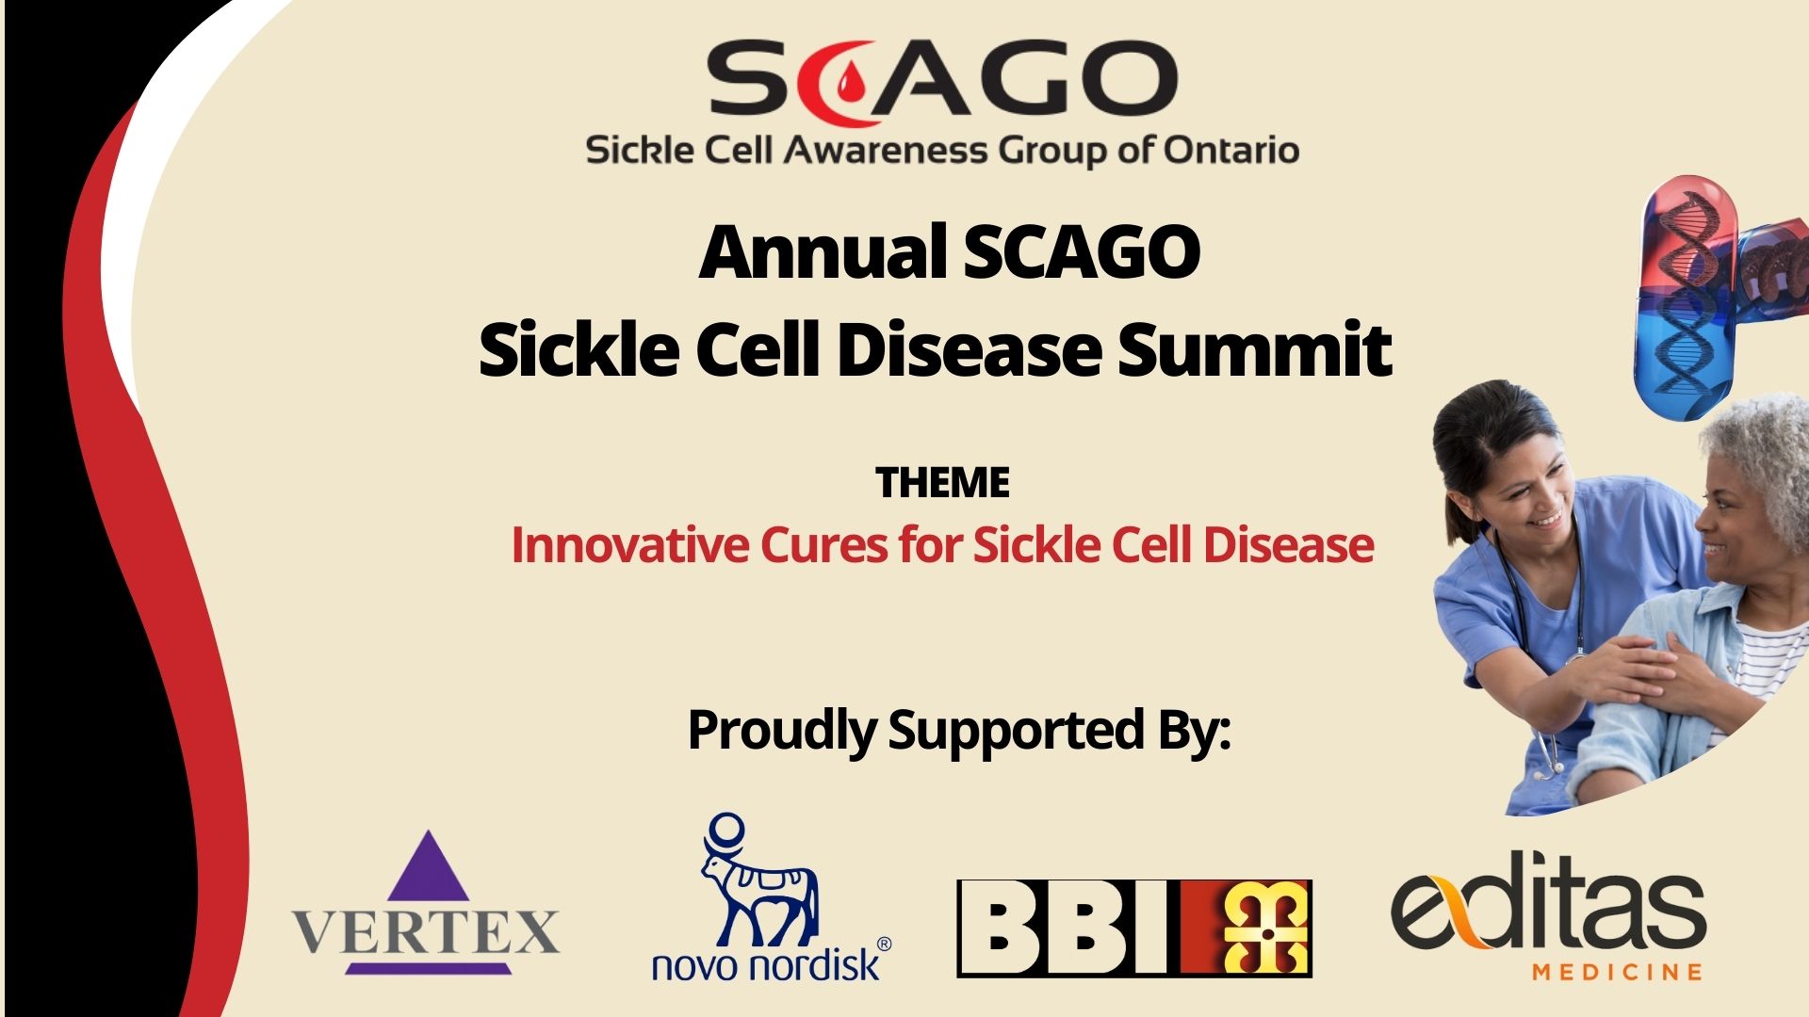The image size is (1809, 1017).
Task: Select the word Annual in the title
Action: pyautogui.click(x=823, y=252)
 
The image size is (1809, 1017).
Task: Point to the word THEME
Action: pyautogui.click(x=942, y=483)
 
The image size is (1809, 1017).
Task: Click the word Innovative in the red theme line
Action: pyautogui.click(x=629, y=545)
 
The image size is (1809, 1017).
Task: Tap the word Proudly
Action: pyautogui.click(x=782, y=731)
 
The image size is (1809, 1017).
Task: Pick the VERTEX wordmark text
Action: pyautogui.click(x=426, y=930)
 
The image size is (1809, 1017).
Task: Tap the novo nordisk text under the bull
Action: pyautogui.click(x=765, y=964)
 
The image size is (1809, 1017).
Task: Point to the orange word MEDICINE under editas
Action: pyautogui.click(x=1617, y=971)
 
